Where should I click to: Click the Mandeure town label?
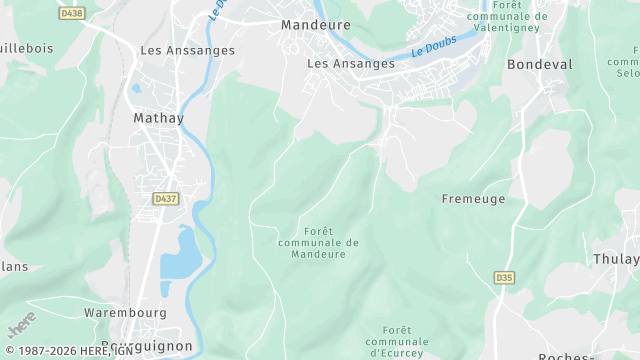tap(315, 24)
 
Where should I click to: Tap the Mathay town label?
tap(158, 117)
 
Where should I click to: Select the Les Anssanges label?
tap(188, 50)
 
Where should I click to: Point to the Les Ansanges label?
tap(350, 63)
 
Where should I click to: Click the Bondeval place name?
tap(540, 63)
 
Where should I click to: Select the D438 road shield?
tap(72, 13)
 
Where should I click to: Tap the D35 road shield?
tap(504, 277)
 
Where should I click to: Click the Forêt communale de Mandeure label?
tap(318, 242)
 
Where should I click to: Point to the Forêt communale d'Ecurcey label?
tap(397, 341)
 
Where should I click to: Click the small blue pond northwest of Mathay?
tap(136, 88)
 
